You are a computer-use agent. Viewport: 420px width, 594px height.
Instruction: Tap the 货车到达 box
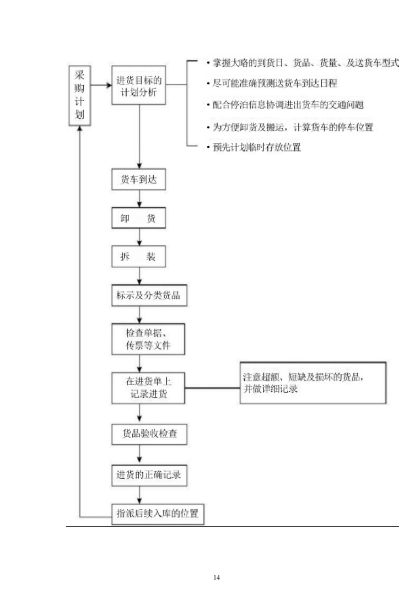(x=138, y=180)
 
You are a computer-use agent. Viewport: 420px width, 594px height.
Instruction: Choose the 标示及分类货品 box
(x=148, y=296)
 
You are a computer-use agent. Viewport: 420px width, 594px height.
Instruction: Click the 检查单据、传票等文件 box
(x=148, y=339)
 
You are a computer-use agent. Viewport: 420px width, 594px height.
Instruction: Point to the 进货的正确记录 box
(x=148, y=474)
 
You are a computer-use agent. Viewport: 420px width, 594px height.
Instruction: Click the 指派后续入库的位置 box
(x=157, y=514)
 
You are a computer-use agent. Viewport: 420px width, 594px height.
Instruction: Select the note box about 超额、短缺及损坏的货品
(x=313, y=383)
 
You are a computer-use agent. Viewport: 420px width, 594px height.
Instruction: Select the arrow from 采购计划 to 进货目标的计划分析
(x=101, y=85)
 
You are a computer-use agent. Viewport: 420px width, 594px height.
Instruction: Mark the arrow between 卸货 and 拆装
(x=139, y=237)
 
